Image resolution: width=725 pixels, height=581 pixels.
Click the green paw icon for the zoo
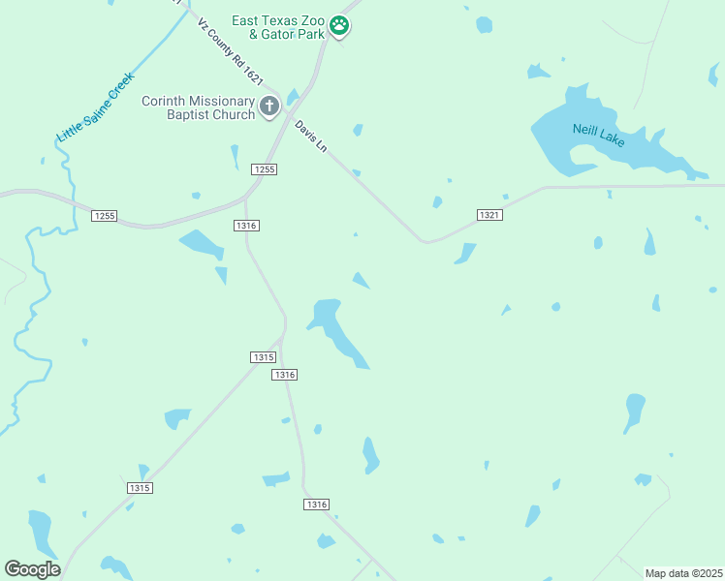[339, 26]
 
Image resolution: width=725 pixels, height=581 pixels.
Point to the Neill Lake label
[598, 135]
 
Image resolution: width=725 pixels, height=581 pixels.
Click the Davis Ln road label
[312, 138]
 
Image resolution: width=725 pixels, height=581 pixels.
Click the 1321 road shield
[489, 214]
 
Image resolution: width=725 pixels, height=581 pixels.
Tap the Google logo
[32, 569]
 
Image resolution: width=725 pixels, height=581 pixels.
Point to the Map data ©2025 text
[683, 573]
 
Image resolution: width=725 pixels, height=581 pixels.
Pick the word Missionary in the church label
[221, 101]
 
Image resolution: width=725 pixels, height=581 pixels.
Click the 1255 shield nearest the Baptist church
[264, 169]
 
